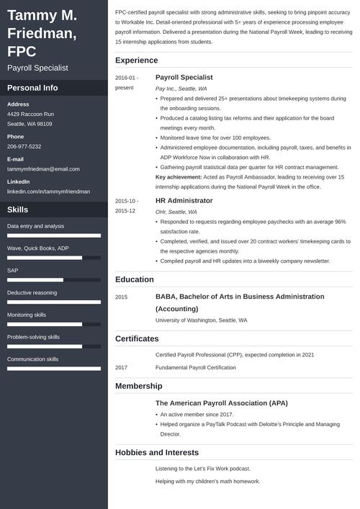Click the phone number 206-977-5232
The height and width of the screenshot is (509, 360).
click(24, 146)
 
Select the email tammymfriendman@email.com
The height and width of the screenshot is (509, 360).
click(42, 168)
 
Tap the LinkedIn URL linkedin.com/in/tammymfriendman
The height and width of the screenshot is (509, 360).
click(48, 192)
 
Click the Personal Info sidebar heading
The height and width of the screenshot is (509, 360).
click(32, 88)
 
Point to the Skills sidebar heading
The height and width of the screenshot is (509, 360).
click(18, 210)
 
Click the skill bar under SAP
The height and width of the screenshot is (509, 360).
click(53, 279)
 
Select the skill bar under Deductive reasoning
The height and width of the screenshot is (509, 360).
click(53, 302)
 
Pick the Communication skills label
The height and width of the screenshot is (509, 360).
click(32, 359)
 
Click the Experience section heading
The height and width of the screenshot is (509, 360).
click(137, 60)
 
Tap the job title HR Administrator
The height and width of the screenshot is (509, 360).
click(184, 200)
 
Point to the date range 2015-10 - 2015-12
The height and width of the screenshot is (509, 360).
click(125, 206)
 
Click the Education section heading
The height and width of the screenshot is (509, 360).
click(134, 279)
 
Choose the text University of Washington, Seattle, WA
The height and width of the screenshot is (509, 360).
click(201, 320)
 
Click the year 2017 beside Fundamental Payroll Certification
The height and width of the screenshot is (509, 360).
click(121, 367)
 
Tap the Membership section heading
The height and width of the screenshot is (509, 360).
click(140, 387)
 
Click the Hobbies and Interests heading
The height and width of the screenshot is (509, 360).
click(156, 452)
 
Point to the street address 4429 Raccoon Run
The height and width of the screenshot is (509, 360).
click(30, 114)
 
